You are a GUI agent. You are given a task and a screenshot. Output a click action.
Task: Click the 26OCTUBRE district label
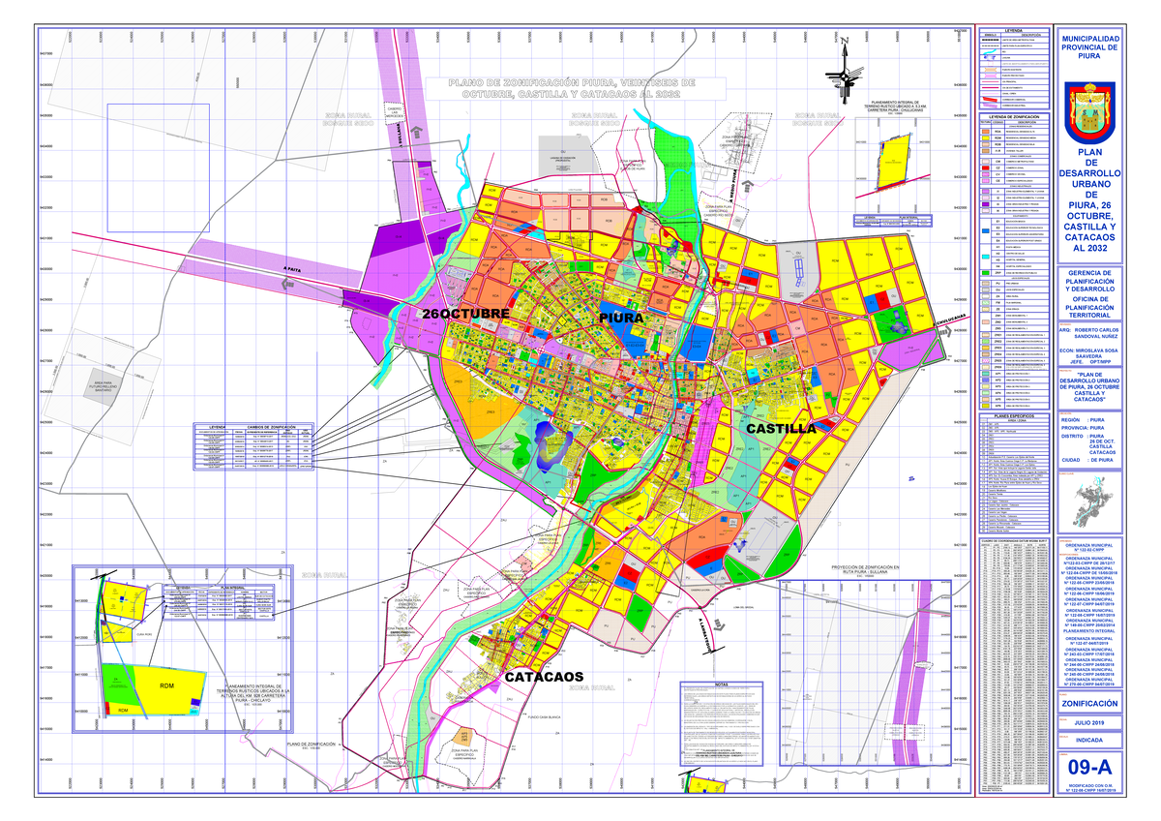click(464, 316)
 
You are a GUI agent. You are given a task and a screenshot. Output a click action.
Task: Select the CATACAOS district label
click(544, 677)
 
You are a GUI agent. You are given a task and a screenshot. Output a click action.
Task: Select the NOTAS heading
click(726, 684)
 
